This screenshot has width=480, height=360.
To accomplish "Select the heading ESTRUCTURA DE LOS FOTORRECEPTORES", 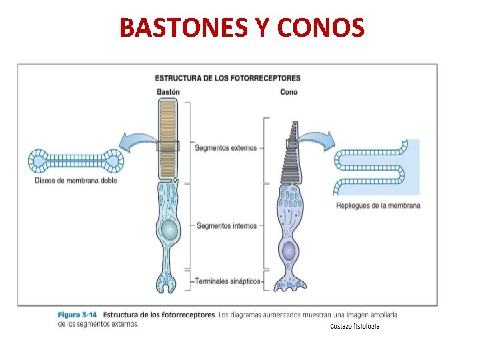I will click(227, 78).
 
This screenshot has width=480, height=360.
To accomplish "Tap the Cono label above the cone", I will click(289, 92).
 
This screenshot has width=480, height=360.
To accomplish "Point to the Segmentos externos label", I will click(225, 148).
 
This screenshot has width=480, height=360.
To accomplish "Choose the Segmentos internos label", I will click(226, 226).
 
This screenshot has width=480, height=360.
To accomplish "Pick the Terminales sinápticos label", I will click(227, 281).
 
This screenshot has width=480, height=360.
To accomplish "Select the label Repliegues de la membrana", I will click(379, 205).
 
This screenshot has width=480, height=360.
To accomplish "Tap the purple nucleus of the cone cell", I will click(289, 251).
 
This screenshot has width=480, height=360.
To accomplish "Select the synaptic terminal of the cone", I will click(289, 283).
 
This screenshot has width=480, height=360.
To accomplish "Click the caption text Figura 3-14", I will click(77, 314).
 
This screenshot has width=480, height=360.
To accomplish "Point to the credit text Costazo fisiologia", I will click(355, 327).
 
